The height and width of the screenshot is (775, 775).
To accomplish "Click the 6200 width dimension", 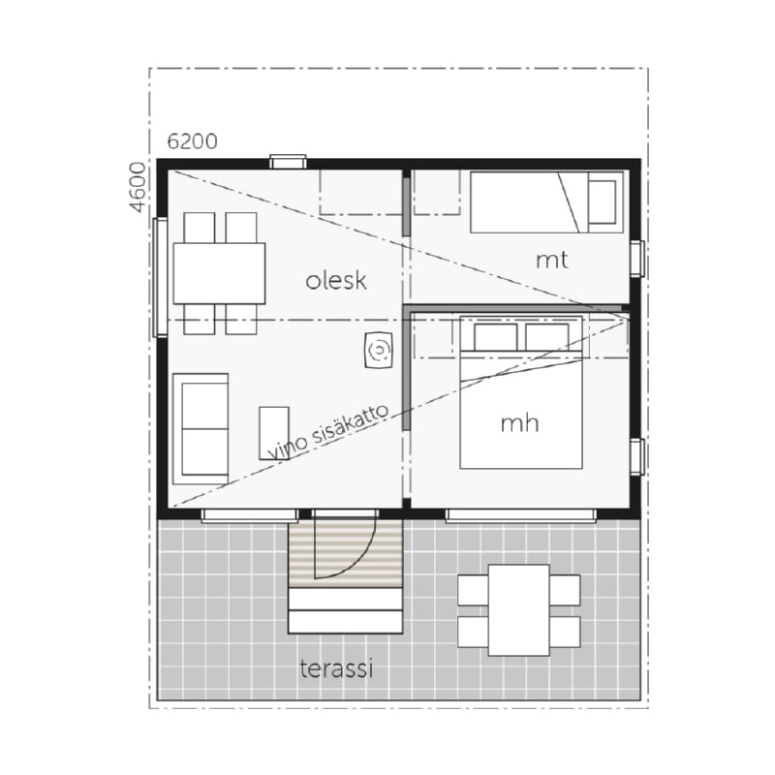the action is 192,141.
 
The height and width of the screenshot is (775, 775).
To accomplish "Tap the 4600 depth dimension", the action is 138,187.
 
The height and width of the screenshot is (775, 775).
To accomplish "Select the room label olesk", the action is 336,281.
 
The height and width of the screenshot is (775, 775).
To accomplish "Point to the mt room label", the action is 551,261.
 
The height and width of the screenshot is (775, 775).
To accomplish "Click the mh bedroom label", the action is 519,423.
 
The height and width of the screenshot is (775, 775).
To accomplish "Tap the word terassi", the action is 336,668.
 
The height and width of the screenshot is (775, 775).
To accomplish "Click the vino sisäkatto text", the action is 328,432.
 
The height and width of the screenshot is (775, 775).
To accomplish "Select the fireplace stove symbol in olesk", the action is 379,350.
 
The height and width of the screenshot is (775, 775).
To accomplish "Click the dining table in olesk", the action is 219,273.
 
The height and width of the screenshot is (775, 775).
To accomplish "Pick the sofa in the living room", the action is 201,428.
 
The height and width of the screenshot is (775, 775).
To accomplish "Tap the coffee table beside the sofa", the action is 274,433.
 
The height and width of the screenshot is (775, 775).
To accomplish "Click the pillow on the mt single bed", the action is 602,202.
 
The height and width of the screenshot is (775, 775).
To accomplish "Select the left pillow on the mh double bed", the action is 495,337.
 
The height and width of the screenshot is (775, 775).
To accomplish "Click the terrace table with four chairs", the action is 519,610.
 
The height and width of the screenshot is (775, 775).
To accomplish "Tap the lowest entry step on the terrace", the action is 346,622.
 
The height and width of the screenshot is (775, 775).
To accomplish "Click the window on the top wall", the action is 288,162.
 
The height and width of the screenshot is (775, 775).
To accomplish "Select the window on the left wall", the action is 160,277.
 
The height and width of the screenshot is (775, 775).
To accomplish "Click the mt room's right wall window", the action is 637,259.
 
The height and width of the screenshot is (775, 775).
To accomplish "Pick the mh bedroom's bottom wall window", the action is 521,514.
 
